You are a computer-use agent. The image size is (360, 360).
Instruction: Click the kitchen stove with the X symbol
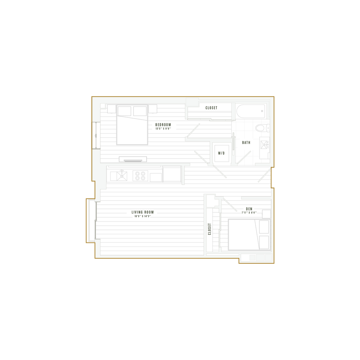(122, 175)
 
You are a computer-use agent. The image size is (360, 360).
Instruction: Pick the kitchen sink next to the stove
(140, 175)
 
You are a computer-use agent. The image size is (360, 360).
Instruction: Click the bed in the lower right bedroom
(243, 234)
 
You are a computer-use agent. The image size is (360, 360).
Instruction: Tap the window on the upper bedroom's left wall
(96, 135)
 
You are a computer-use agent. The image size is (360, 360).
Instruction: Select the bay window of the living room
(90, 220)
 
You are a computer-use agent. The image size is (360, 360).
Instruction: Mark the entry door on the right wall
(265, 175)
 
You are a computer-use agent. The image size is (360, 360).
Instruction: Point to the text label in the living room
(142, 214)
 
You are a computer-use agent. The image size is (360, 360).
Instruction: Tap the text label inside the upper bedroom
(163, 126)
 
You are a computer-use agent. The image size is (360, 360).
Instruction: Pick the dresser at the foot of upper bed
(133, 159)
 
